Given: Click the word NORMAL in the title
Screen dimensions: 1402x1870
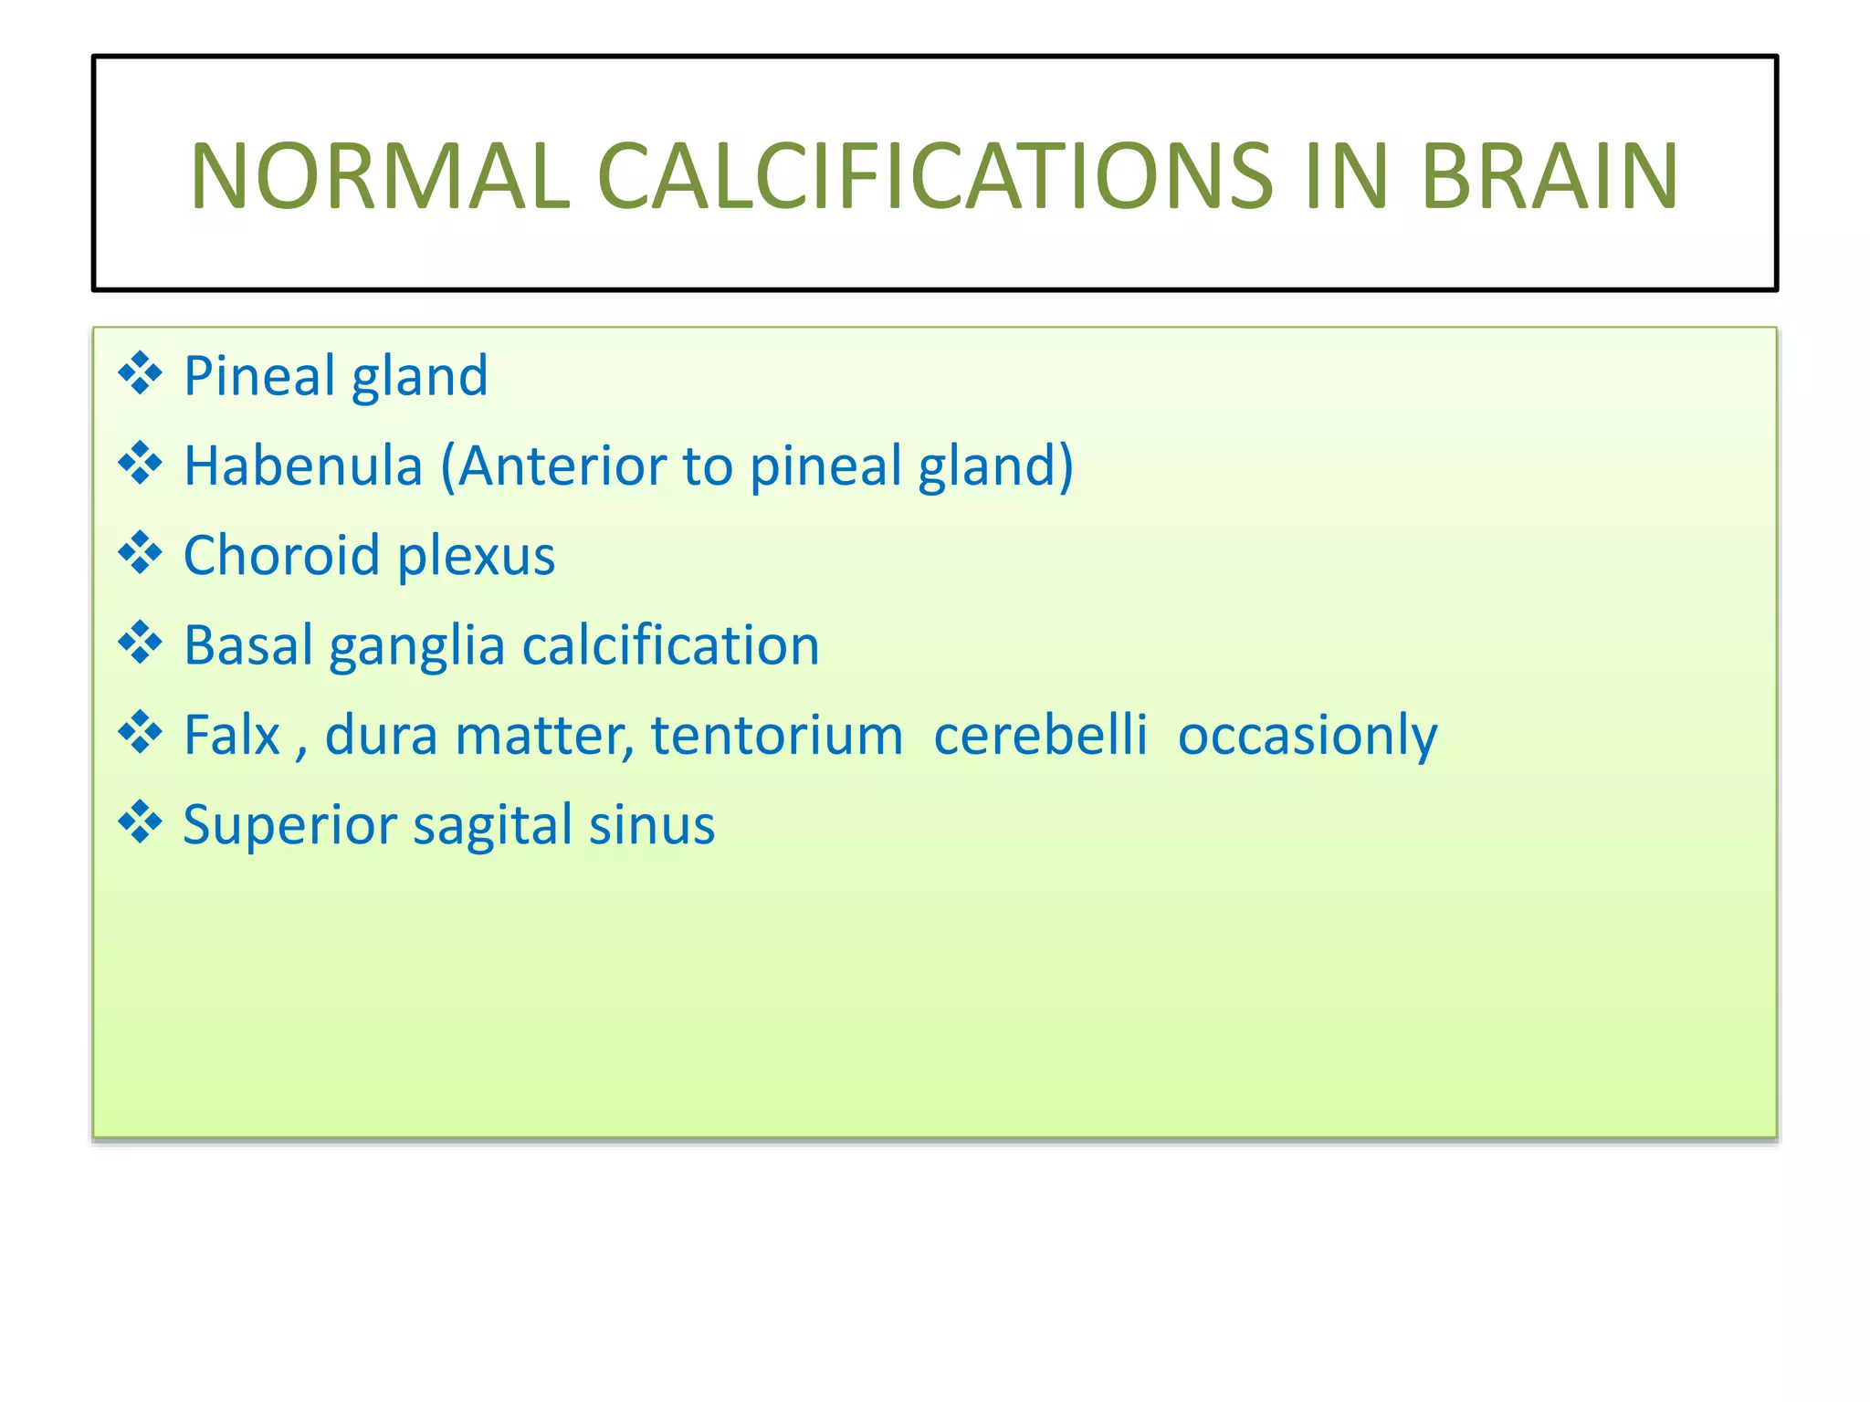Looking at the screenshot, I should pos(379,175).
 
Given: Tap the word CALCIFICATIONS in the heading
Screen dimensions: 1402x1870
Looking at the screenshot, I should pos(933,175).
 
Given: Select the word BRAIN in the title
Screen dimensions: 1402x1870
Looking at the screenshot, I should pos(1549,175).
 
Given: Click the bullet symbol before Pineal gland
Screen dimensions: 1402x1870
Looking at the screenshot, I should pos(140,374).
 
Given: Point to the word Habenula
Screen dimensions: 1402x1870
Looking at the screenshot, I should pos(303,466).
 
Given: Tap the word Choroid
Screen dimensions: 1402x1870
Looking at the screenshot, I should pos(281,555).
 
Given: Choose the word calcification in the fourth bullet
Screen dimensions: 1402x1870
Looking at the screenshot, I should pos(670,645).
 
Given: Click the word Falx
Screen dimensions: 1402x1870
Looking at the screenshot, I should pos(232,734).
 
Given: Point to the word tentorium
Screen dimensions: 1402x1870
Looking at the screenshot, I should pos(776,735).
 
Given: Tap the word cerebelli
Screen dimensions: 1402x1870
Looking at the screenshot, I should pos(1040,734).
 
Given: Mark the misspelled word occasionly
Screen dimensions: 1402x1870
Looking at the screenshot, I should pos(1307,736).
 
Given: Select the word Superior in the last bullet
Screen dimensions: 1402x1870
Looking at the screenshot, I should pos(289,825).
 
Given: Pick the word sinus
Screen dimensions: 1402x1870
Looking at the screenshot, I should pos(651,825).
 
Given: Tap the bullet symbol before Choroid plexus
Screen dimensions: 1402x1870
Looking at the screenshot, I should pos(140,554).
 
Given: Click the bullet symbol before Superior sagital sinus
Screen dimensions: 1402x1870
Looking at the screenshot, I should pos(140,823).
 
